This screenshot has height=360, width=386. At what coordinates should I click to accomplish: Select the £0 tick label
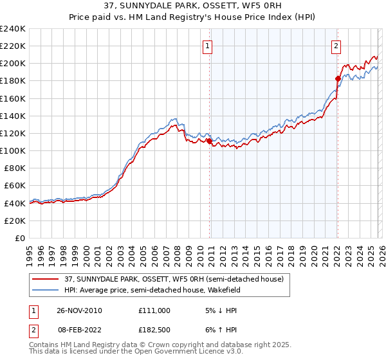21,238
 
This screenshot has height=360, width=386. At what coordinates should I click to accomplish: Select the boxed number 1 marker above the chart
208,46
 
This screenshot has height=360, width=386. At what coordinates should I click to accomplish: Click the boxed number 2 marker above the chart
336,46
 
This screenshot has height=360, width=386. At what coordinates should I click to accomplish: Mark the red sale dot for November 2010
209,141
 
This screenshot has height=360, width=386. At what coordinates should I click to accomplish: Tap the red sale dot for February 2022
337,78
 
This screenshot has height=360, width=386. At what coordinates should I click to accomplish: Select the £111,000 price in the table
154,310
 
